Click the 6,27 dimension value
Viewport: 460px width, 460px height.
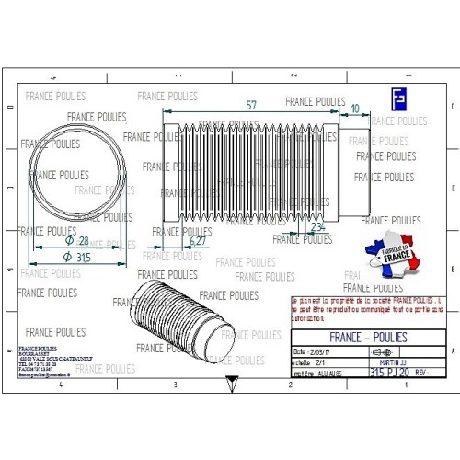(x=196, y=241)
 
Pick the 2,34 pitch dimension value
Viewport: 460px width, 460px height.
(x=317, y=225)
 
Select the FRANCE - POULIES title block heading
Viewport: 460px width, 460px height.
(x=367, y=337)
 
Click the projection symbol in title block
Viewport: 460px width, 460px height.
(x=380, y=352)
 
